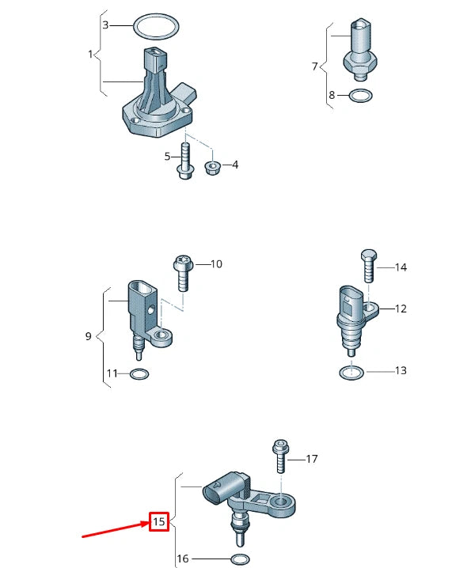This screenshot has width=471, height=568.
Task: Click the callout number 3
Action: pyautogui.click(x=105, y=25)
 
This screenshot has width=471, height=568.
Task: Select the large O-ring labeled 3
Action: pyautogui.click(x=154, y=26)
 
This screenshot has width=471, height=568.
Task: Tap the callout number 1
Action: pyautogui.click(x=90, y=54)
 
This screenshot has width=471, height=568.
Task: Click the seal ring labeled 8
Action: pyautogui.click(x=361, y=97)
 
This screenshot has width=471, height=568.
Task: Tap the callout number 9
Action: pyautogui.click(x=89, y=336)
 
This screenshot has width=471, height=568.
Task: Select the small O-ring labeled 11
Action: pyautogui.click(x=139, y=373)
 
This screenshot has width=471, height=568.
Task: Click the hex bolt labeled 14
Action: pyautogui.click(x=367, y=267)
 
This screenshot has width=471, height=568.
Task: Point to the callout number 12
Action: pyautogui.click(x=401, y=309)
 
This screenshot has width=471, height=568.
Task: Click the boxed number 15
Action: pyautogui.click(x=159, y=522)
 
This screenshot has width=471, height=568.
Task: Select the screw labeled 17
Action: pyautogui.click(x=280, y=456)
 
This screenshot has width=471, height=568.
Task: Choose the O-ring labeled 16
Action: pyautogui.click(x=238, y=559)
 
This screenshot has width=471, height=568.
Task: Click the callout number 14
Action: pyautogui.click(x=401, y=267)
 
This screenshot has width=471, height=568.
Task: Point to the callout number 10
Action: pyautogui.click(x=216, y=263)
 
